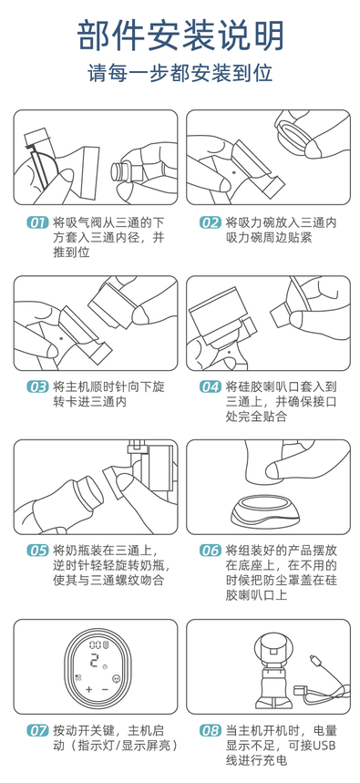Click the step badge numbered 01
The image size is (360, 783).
tap(37, 222)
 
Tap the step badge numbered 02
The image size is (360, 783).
tap(211, 222)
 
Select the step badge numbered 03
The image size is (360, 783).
tap(37, 387)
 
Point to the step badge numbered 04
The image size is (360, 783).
tap(211, 387)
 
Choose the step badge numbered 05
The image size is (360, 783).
tap(37, 551)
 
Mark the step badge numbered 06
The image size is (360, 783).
tap(211, 551)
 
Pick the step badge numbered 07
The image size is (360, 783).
tap(37, 731)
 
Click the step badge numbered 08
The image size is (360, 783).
tap(211, 731)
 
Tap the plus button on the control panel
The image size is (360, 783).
tap(89, 690)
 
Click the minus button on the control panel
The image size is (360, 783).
tap(105, 690)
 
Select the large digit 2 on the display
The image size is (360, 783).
tap(93, 661)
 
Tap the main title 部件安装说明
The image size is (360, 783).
tap(180, 36)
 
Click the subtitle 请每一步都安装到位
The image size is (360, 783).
tap(180, 73)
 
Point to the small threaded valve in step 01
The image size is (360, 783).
tap(122, 173)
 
